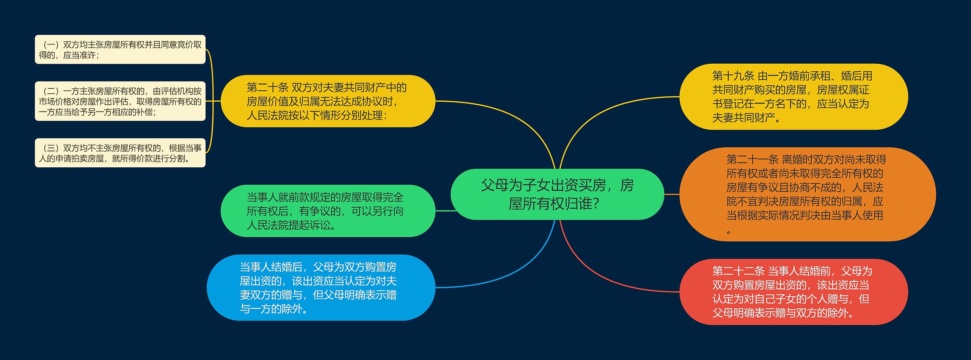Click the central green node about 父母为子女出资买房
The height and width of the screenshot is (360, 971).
557,194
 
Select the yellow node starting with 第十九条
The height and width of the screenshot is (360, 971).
793,97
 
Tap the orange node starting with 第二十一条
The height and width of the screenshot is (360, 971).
807,194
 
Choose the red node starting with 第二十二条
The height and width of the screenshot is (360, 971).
793,292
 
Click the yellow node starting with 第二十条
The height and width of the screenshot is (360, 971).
328,101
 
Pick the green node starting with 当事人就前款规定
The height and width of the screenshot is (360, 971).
328,211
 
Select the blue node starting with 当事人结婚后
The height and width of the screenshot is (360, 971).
321,288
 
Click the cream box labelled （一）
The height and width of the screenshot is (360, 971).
120,50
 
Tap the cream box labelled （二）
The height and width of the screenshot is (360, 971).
120,101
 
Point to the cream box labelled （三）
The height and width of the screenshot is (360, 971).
120,153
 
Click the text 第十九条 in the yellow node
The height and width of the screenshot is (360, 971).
733,76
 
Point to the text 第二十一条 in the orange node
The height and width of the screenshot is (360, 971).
752,160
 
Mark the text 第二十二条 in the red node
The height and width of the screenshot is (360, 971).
738,271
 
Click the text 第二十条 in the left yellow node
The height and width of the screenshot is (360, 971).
267,88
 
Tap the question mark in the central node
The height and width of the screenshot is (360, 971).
596,204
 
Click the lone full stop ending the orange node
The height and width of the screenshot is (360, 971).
729,232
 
